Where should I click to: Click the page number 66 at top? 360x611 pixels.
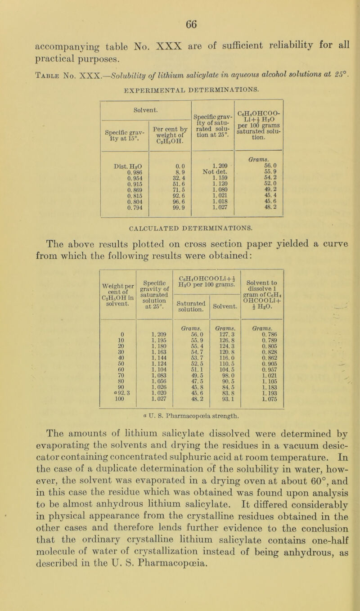click(180, 19)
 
